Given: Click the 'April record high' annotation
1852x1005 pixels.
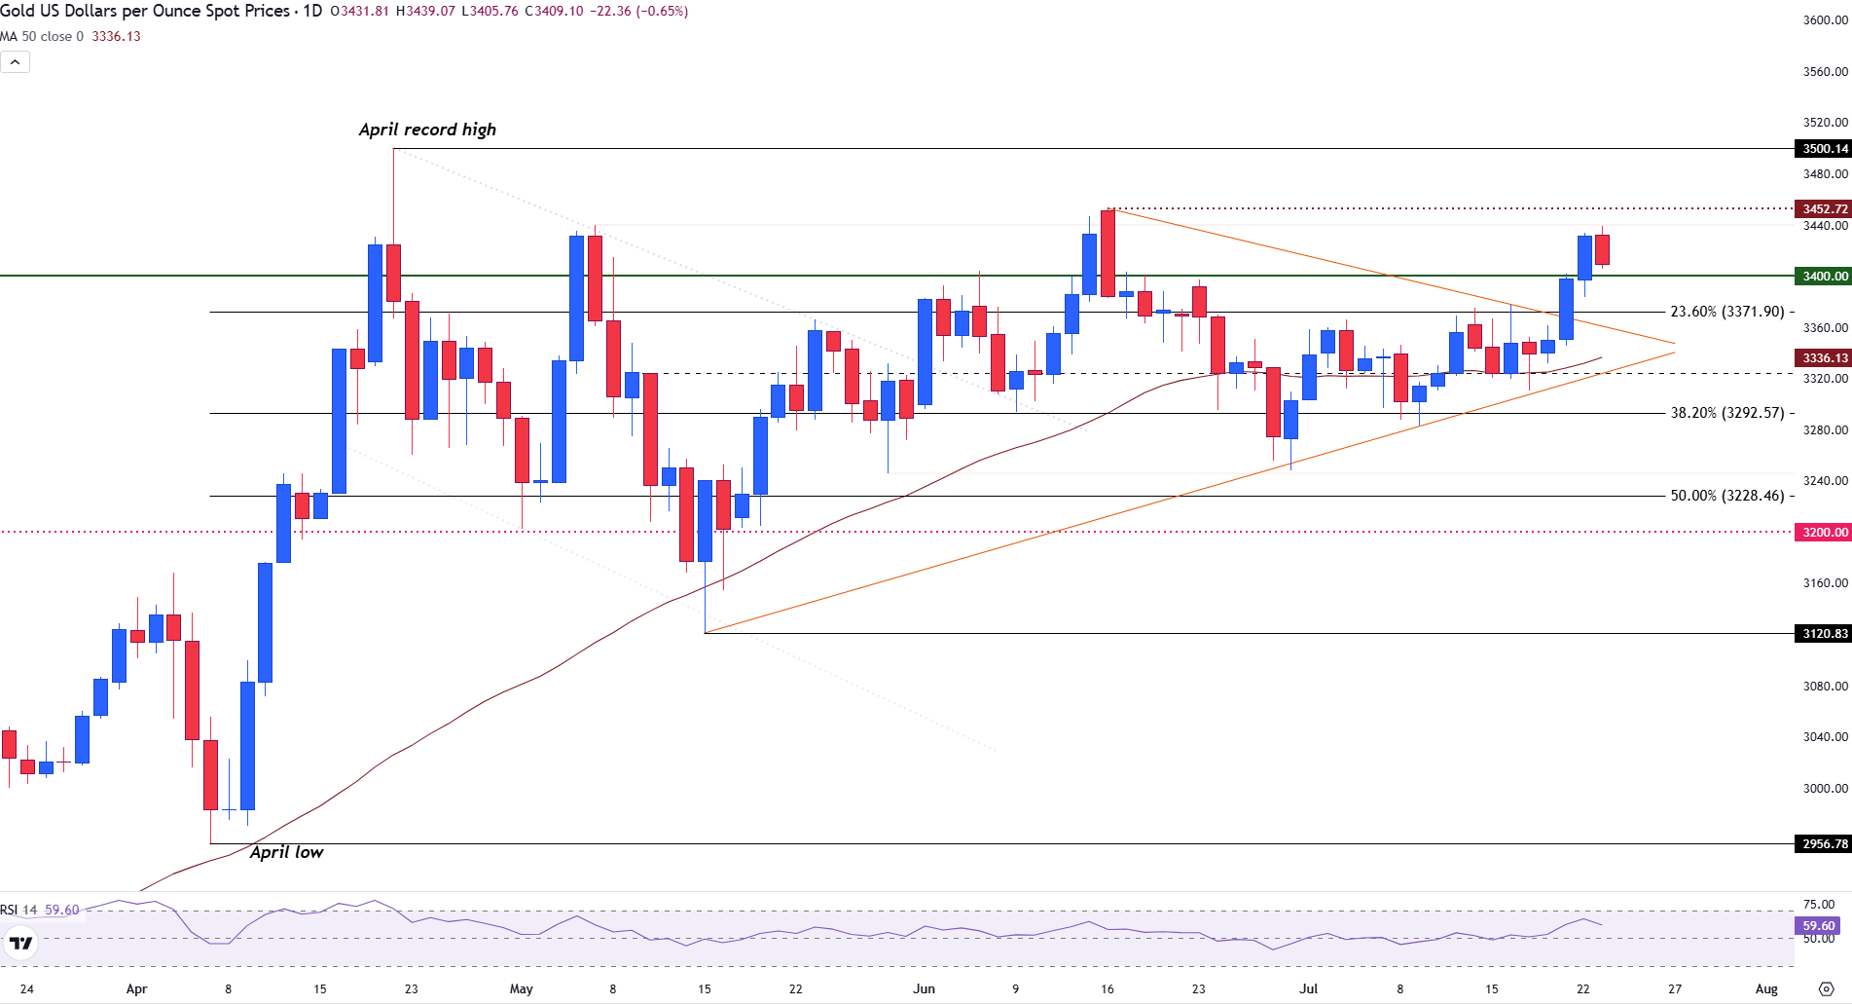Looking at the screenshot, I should pos(427,130).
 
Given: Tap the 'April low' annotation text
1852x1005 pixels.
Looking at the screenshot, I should pos(286,852).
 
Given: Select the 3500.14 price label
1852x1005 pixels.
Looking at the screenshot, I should pos(1823,149).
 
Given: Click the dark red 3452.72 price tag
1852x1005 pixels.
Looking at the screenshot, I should pos(1823,209).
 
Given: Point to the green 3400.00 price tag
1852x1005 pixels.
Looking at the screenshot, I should pos(1823,277).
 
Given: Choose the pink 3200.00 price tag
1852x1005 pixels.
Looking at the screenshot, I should pos(1823,533).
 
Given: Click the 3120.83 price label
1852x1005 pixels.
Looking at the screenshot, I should pos(1823,634).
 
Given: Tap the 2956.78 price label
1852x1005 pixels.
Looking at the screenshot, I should pos(1823,844).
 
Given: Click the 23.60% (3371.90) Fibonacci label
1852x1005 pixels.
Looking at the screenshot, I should pos(1727,312).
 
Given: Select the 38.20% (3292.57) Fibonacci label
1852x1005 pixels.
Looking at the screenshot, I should pos(1727,413).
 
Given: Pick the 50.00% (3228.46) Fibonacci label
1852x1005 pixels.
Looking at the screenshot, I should pos(1727,496).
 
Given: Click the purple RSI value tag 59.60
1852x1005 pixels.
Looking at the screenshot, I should pos(1818,926).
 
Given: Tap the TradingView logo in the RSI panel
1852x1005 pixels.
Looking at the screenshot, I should pos(20,943).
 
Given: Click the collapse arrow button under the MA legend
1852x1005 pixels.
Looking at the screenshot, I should pos(16,62).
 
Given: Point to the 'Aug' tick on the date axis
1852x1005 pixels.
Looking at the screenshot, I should pos(1766,989).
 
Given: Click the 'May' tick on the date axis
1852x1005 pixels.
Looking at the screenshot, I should pos(522,989).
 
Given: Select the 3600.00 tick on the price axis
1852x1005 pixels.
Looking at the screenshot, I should pos(1825,20).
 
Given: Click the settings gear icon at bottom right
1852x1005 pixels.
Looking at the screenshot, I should pos(1827,989).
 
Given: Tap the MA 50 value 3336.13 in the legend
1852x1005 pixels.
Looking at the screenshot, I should pos(116,37).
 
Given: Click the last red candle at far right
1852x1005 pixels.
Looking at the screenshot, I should pos(1602,249).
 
